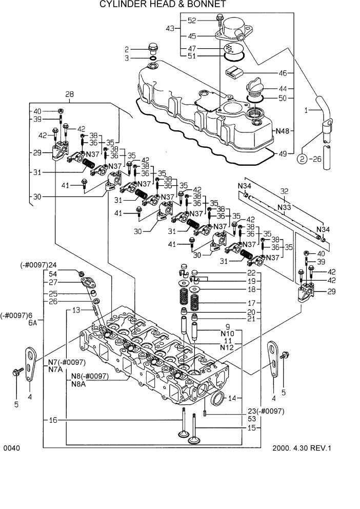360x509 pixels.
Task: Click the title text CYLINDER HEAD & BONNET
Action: point(162,5)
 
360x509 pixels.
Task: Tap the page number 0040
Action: point(11,448)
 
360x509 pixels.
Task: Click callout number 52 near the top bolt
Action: point(192,21)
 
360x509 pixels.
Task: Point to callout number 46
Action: point(283,73)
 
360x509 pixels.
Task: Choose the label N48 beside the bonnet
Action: point(282,131)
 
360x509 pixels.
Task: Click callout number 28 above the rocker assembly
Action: point(69,94)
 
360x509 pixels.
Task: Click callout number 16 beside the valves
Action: point(53,420)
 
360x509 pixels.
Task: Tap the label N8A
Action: point(78,384)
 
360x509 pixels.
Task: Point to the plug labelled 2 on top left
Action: point(152,49)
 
